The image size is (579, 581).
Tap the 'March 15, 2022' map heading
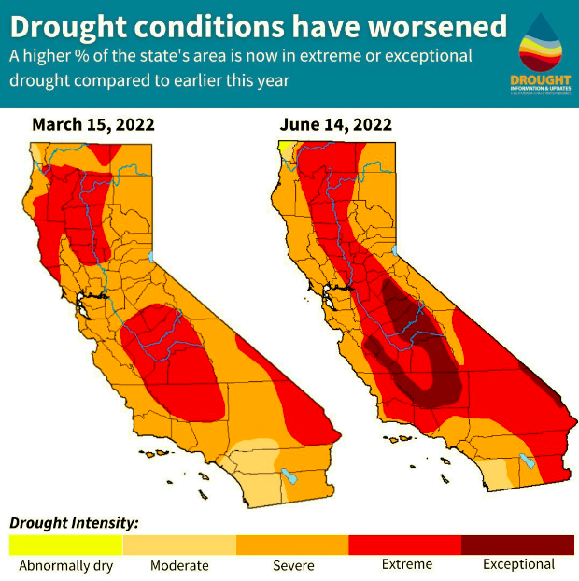tap(92, 123)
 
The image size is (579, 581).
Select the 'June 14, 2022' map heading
tap(335, 123)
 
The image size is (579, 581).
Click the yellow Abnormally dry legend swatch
tap(65, 545)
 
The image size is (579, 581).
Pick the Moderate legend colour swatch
tap(179, 545)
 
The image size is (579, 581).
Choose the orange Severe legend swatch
tap(292, 545)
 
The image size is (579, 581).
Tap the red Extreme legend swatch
tap(405, 545)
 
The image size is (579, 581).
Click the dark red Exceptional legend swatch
tap(518, 545)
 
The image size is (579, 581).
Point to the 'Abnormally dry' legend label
tap(64, 565)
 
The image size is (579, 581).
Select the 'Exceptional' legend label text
tap(518, 564)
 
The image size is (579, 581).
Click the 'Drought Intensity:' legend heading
tap(74, 522)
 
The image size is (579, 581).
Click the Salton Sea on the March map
tap(289, 476)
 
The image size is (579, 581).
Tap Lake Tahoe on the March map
tap(153, 258)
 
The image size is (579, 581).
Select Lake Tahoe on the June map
tap(396, 253)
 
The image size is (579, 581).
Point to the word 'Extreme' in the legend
tap(407, 564)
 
